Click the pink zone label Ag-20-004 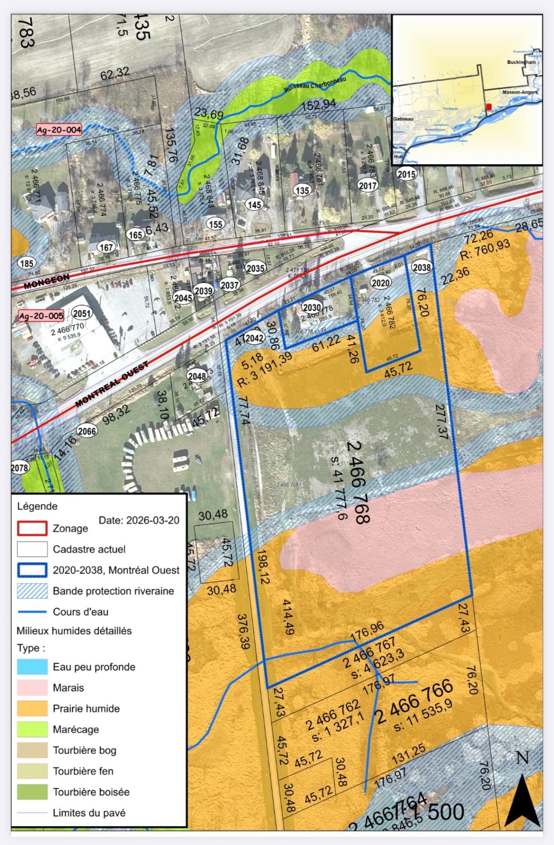(x=59, y=130)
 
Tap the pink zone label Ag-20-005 (x=41, y=316)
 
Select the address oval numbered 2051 (x=81, y=313)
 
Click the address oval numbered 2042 (x=254, y=338)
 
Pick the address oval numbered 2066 (x=87, y=431)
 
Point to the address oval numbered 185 (x=26, y=264)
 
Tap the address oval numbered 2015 (x=406, y=174)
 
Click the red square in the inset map (x=489, y=107)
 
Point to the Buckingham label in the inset (x=521, y=62)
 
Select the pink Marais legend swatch (x=32, y=687)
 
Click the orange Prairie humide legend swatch (x=32, y=709)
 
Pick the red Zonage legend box (x=32, y=528)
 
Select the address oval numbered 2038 (x=422, y=267)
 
